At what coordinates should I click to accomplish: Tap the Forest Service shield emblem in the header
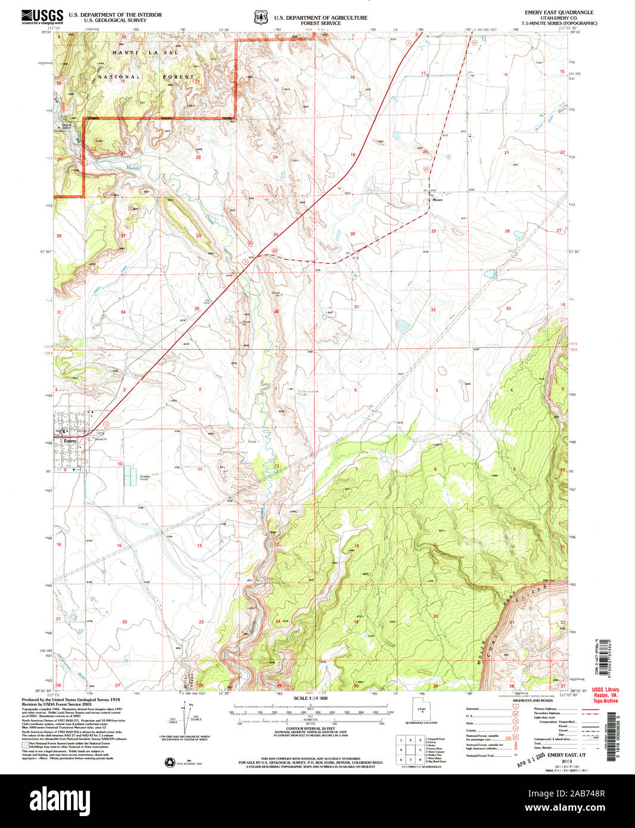(x=261, y=18)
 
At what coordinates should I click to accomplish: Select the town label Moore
(x=438, y=200)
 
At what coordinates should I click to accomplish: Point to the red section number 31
(x=357, y=307)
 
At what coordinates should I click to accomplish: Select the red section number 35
(x=197, y=308)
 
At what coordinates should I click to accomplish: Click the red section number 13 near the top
(x=276, y=80)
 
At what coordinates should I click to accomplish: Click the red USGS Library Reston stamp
(x=606, y=695)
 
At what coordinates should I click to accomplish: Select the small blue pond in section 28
(x=516, y=235)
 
